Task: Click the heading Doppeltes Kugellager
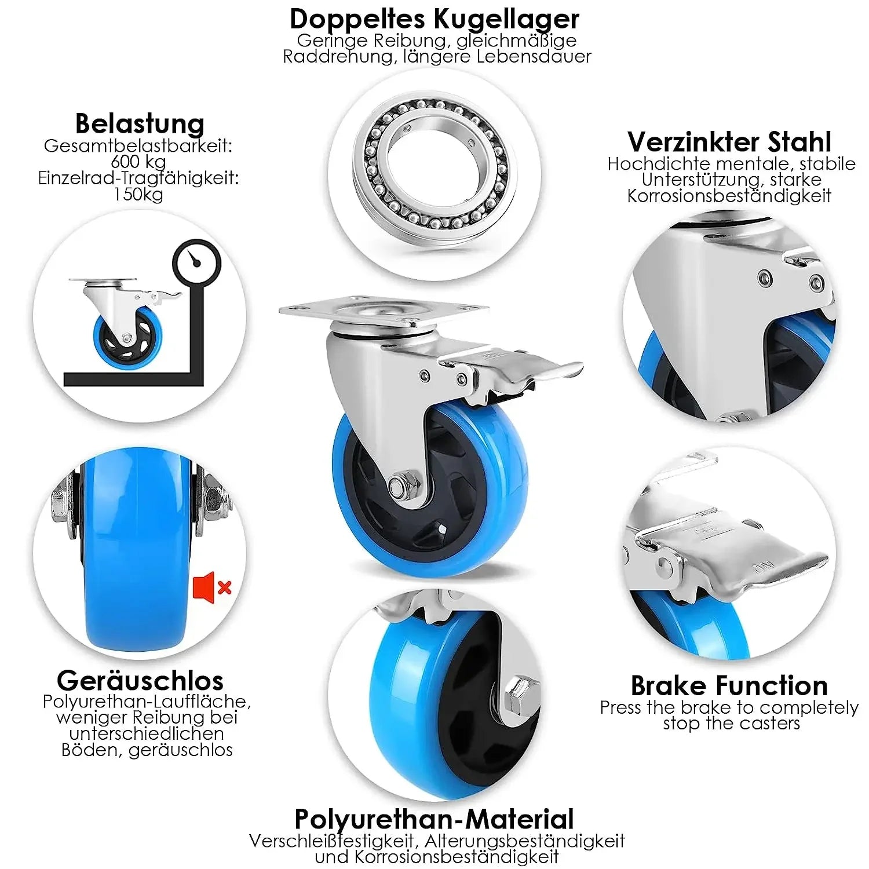(434, 19)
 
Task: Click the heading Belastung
(140, 123)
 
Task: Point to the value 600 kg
(138, 162)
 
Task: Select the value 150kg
(138, 194)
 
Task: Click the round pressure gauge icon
(197, 262)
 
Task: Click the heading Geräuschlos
(140, 680)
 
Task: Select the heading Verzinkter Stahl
(729, 142)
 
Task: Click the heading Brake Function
(729, 685)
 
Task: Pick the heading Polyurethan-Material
(434, 819)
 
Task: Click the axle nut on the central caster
(399, 485)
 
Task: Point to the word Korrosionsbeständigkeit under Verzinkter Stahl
(729, 196)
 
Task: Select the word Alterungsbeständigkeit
(525, 841)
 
